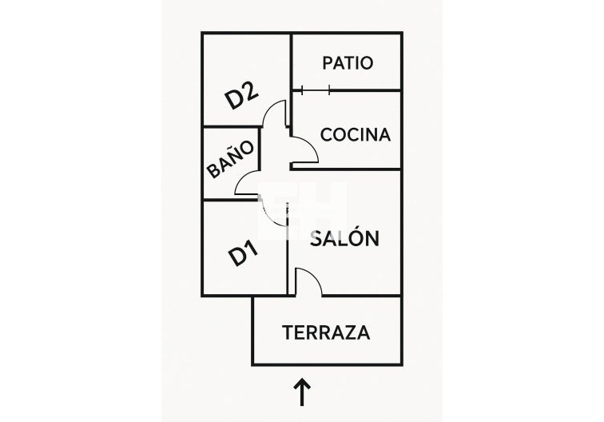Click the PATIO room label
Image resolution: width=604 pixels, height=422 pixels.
[x=347, y=62]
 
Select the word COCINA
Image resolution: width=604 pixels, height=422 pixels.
[x=356, y=134]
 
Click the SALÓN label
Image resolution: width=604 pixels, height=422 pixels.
[x=344, y=238]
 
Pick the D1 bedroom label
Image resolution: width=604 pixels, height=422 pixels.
[x=243, y=255]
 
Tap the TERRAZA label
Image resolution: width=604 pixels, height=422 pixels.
[x=326, y=332]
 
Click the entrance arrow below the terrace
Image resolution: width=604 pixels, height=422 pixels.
[x=303, y=392]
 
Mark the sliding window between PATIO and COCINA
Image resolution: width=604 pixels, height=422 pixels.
[x=316, y=90]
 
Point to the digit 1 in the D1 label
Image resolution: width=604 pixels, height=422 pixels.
[x=251, y=251]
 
